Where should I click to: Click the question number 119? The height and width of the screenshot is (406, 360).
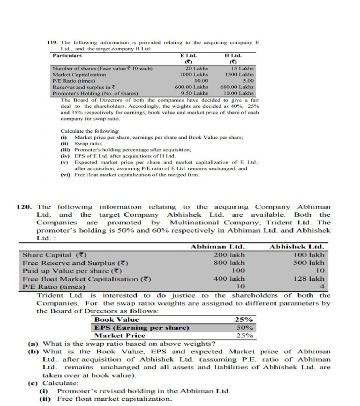point(53,43)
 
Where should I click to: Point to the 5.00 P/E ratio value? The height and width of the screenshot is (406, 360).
point(247,81)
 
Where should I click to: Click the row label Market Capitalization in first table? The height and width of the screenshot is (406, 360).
point(79,75)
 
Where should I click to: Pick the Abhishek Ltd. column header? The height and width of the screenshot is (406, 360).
point(297,247)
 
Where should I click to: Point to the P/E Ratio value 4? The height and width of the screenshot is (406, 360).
point(322,286)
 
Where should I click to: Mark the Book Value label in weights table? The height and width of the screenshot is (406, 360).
point(117,319)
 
